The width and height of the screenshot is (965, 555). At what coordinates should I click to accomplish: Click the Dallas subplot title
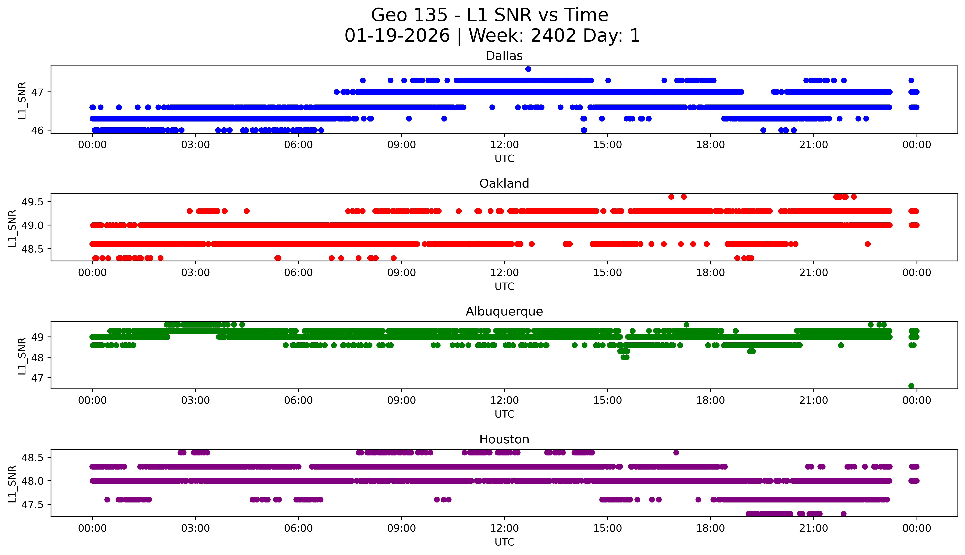[x=504, y=56]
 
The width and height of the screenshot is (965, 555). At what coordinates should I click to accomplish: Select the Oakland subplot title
[x=504, y=184]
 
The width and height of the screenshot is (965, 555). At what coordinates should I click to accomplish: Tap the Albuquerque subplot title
[x=504, y=311]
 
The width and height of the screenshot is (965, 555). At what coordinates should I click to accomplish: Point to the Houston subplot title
[x=504, y=440]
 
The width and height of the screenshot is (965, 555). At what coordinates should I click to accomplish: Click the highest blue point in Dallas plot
[x=528, y=69]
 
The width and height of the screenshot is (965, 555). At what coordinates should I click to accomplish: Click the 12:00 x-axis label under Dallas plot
[x=505, y=145]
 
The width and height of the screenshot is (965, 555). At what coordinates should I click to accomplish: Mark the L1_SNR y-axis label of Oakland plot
[x=12, y=228]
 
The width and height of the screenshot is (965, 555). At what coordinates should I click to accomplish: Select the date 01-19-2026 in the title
[x=397, y=36]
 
